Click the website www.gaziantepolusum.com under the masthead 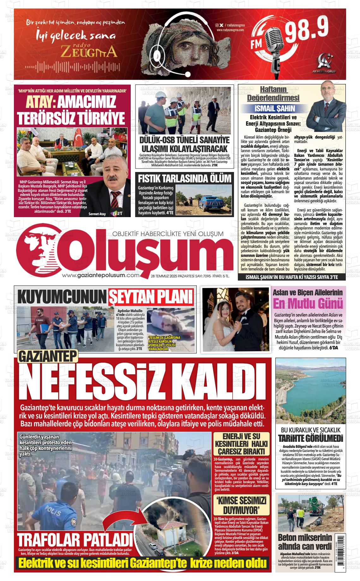tap(101, 275)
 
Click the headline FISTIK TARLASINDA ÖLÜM tap(184, 179)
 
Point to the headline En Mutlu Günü tap(308, 304)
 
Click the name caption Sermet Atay tap(98, 214)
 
